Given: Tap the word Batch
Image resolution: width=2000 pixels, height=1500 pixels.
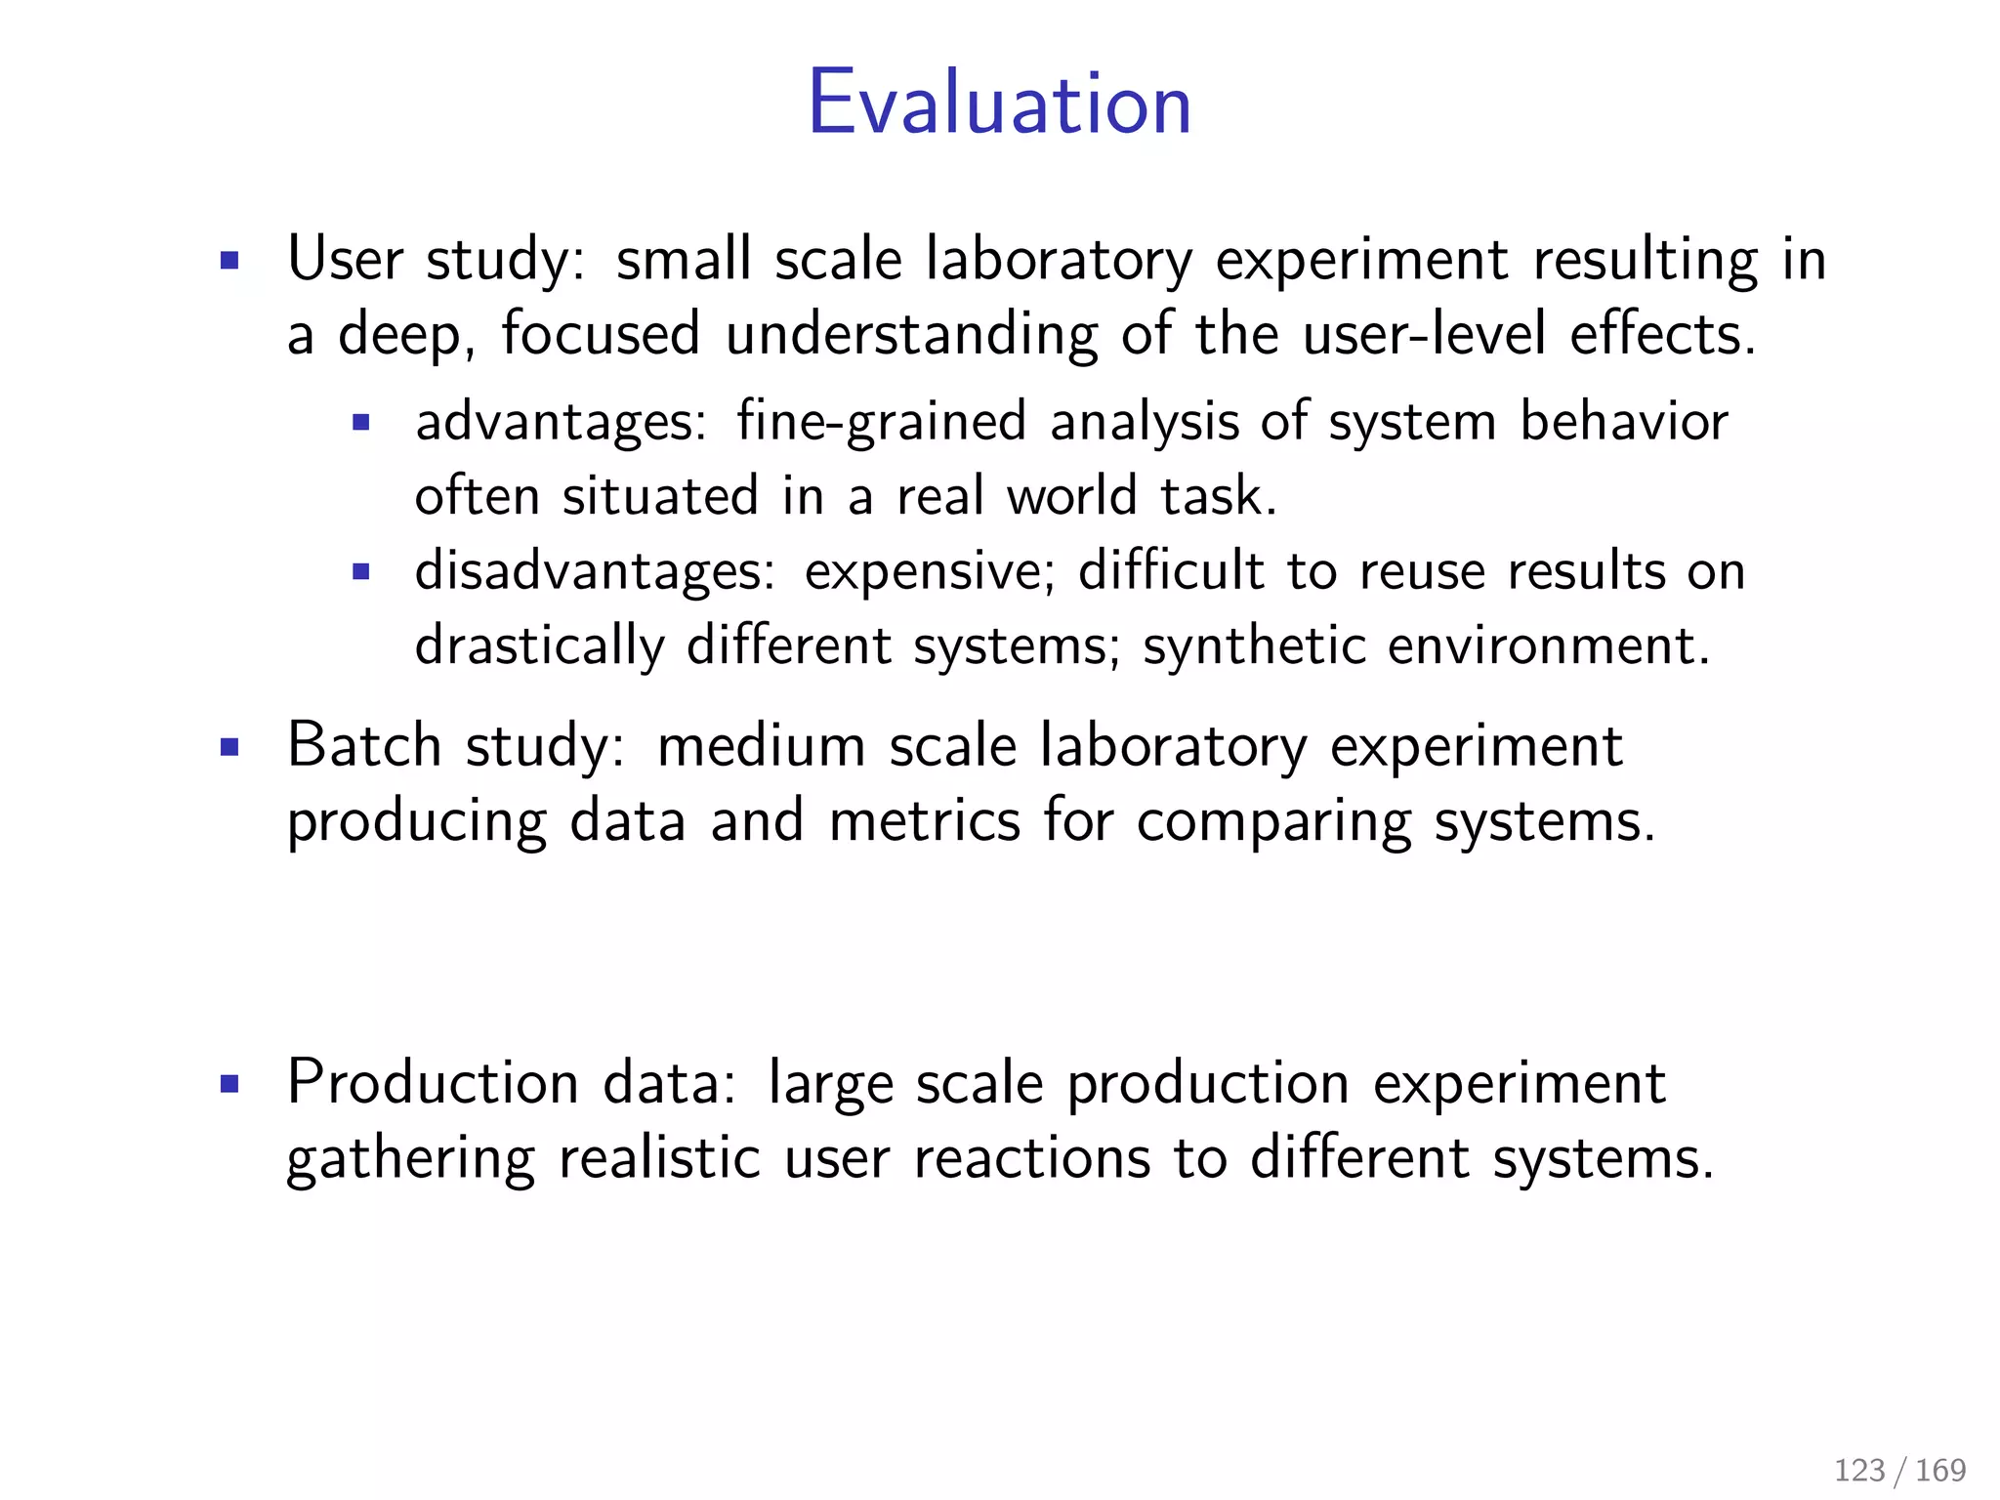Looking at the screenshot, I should click(364, 746).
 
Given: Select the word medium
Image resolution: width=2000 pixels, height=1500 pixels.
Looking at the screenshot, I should click(762, 746).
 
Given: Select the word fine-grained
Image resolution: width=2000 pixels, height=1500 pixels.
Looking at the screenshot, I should click(881, 423).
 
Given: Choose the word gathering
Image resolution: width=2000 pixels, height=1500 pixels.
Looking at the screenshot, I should click(410, 1159).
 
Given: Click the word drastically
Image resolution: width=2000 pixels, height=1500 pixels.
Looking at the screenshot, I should click(539, 646).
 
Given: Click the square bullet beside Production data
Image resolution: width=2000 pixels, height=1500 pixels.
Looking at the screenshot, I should click(229, 1084).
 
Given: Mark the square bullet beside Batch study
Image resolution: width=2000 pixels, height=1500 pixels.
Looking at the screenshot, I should click(229, 748).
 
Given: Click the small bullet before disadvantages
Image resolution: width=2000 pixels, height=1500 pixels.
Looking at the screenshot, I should click(361, 572).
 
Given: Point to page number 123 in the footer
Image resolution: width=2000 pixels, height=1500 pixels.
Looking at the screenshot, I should click(1859, 1470).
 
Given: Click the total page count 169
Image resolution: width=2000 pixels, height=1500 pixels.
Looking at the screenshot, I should click(1940, 1470).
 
